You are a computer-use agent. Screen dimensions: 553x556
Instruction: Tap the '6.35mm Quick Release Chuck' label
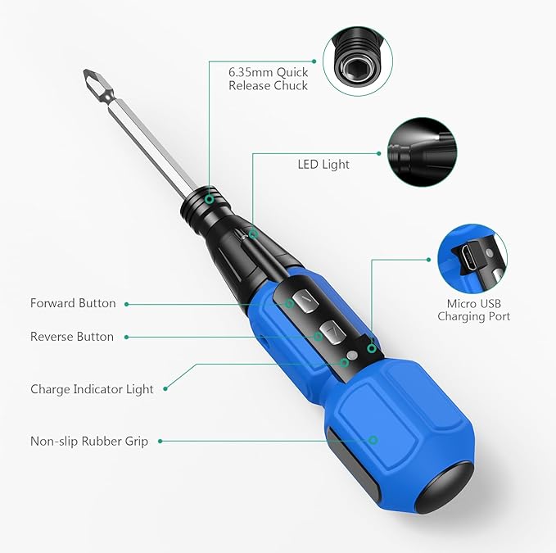[269, 79]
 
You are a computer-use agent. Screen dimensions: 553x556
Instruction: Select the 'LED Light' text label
[323, 164]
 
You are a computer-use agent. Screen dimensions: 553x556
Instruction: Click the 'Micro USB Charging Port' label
[473, 310]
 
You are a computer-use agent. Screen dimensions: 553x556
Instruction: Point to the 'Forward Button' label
[73, 303]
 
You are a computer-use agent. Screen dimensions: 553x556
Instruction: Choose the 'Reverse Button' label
[72, 337]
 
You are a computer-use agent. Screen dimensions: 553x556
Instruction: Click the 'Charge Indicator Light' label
[92, 389]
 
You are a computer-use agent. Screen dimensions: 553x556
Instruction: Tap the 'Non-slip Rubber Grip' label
[89, 441]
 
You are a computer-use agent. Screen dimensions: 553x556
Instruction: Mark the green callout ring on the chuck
[210, 198]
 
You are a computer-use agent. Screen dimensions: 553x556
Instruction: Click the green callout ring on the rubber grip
[373, 440]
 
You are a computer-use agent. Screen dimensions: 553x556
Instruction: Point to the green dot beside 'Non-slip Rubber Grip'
[160, 441]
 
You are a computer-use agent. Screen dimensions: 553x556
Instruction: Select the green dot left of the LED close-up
[379, 153]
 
